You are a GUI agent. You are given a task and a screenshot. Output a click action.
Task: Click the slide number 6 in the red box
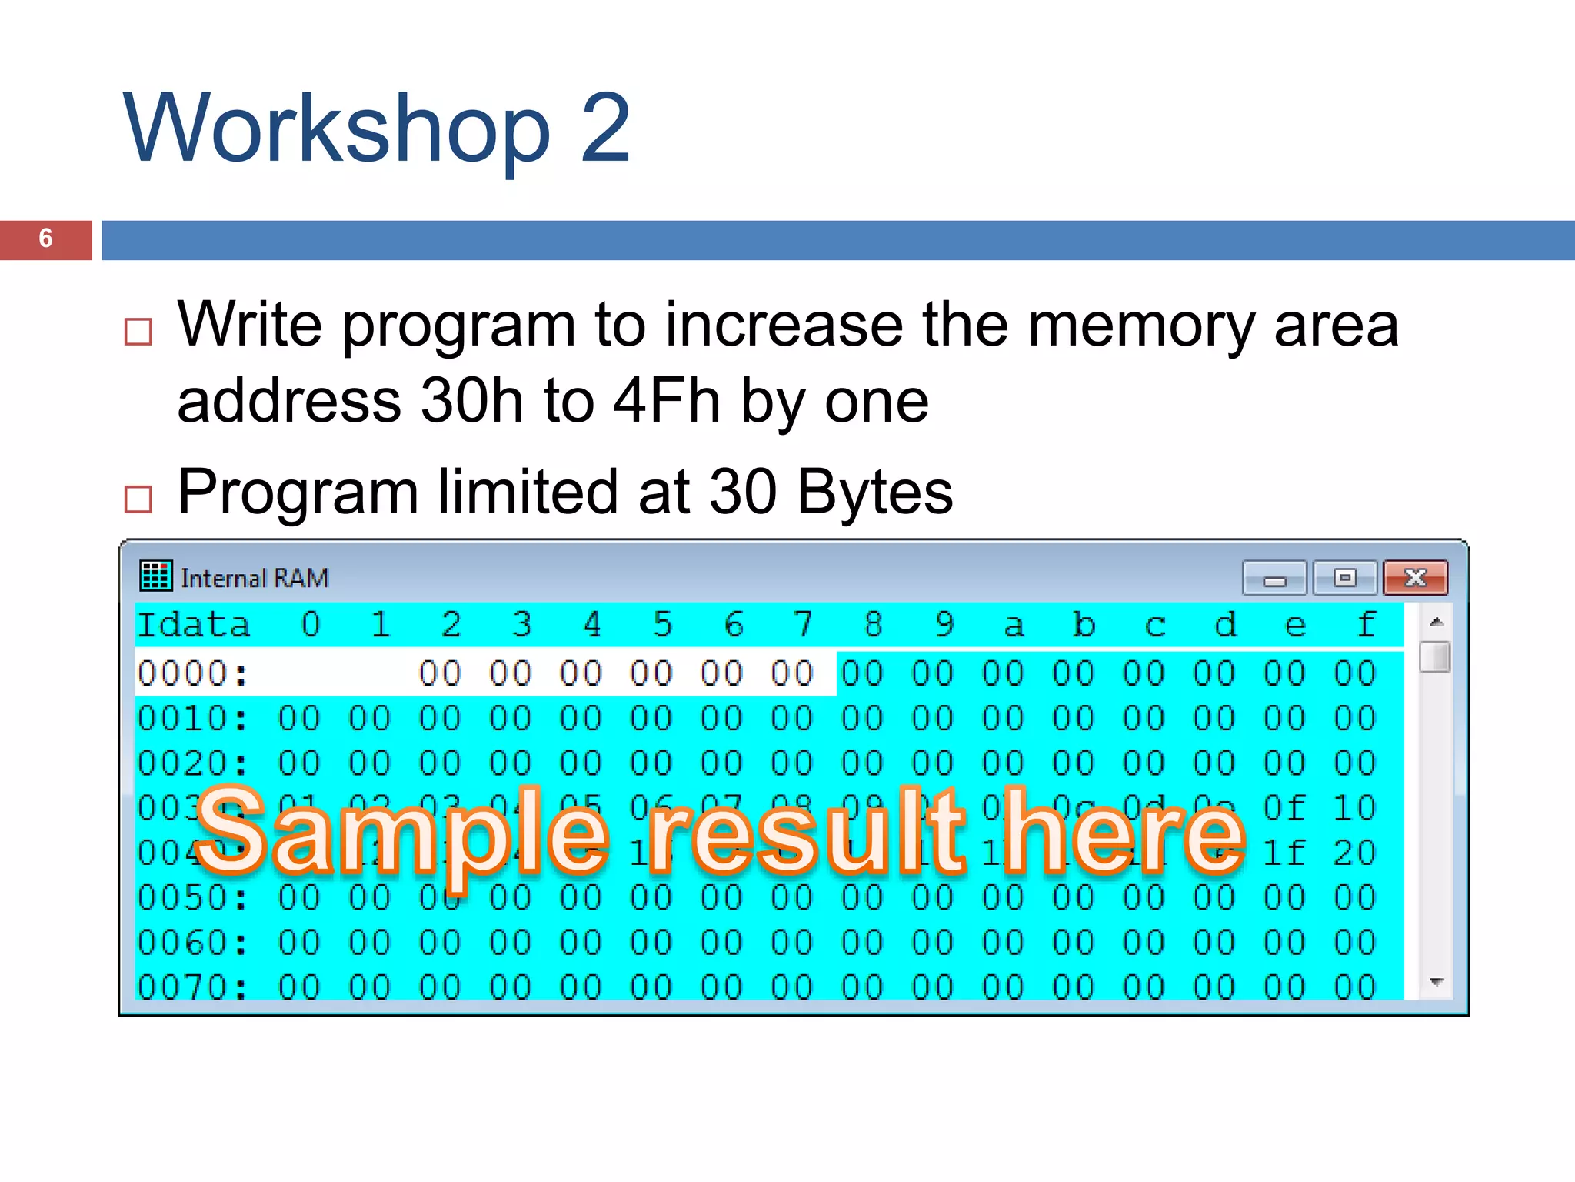point(45,239)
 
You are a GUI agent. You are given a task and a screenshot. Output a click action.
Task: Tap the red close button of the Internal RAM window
point(1415,578)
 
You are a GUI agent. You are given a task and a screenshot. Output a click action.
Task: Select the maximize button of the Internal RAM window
point(1344,578)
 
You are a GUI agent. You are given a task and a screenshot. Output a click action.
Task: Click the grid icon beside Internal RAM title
point(156,576)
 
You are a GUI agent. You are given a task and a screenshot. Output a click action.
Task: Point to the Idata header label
point(194,625)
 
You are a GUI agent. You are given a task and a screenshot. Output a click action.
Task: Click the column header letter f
point(1366,625)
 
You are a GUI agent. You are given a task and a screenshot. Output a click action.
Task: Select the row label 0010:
point(193,719)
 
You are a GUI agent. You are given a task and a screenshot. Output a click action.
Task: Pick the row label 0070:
point(193,987)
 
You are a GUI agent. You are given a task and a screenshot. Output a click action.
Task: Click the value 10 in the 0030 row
point(1354,808)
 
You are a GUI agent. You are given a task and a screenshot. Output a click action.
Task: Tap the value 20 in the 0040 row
point(1354,853)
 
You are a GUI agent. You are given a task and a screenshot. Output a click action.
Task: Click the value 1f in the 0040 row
point(1284,853)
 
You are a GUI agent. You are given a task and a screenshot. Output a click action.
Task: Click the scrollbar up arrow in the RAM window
point(1436,622)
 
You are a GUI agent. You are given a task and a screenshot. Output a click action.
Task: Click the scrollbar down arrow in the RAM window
point(1436,982)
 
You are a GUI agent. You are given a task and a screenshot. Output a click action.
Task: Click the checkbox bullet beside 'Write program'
point(138,332)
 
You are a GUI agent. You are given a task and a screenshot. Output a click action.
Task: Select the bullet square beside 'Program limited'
point(138,499)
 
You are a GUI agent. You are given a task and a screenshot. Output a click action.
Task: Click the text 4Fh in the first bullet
point(666,401)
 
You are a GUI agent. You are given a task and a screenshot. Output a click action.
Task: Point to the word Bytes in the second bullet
point(874,492)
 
